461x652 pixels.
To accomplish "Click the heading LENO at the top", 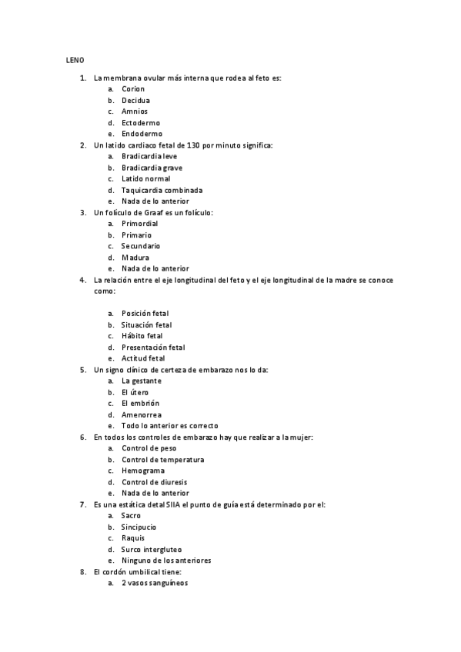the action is click(x=74, y=60).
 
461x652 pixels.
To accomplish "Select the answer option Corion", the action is click(x=133, y=89).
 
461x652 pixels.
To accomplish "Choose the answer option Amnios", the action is click(x=135, y=111).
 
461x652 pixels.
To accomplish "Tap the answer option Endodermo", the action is click(x=142, y=134).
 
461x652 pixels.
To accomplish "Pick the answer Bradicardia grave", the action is click(x=152, y=168).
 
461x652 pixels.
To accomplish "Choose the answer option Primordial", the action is click(x=139, y=224).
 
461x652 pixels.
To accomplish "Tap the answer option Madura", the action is click(x=135, y=258).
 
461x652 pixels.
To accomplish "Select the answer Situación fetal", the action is click(x=146, y=324).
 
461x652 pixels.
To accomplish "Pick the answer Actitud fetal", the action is click(x=143, y=358).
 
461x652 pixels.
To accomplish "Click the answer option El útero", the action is click(x=135, y=392).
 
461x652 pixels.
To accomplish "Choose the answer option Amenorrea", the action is click(x=141, y=414).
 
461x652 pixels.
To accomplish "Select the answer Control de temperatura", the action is click(x=162, y=460).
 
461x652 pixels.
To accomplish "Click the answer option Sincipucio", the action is click(x=139, y=527).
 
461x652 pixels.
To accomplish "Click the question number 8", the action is click(x=83, y=572).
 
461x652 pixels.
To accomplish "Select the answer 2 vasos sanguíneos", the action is click(x=154, y=584).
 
